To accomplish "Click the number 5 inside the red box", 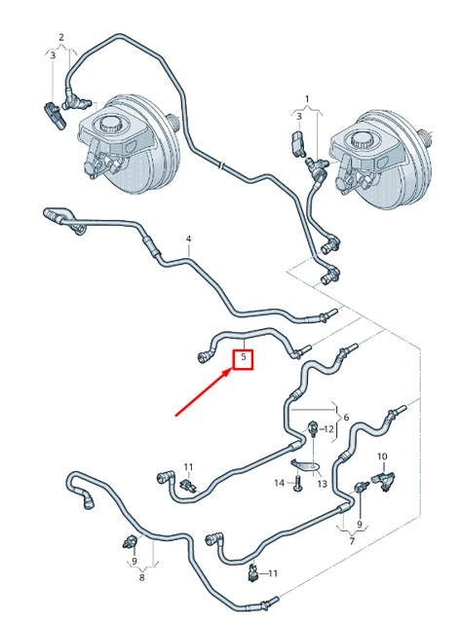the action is (243, 357).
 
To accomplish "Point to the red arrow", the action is (204, 392).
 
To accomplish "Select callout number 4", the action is (189, 239).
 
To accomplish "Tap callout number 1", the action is (307, 98).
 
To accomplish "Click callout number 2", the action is (61, 37).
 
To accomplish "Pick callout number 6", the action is (346, 418).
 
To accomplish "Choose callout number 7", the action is (352, 541).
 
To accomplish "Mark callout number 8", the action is (142, 577).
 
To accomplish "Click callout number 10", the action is (382, 457).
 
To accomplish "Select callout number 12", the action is (328, 429).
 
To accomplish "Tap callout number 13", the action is (322, 484).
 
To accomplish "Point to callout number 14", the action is (280, 483).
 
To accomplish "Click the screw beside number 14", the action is (298, 484).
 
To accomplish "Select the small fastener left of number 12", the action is (313, 428).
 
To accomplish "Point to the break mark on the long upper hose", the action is (221, 165).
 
